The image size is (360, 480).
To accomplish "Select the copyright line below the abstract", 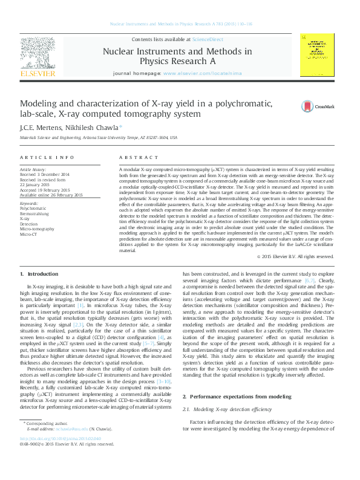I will point(296,256).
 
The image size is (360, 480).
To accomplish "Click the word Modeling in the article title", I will point(41,103).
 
